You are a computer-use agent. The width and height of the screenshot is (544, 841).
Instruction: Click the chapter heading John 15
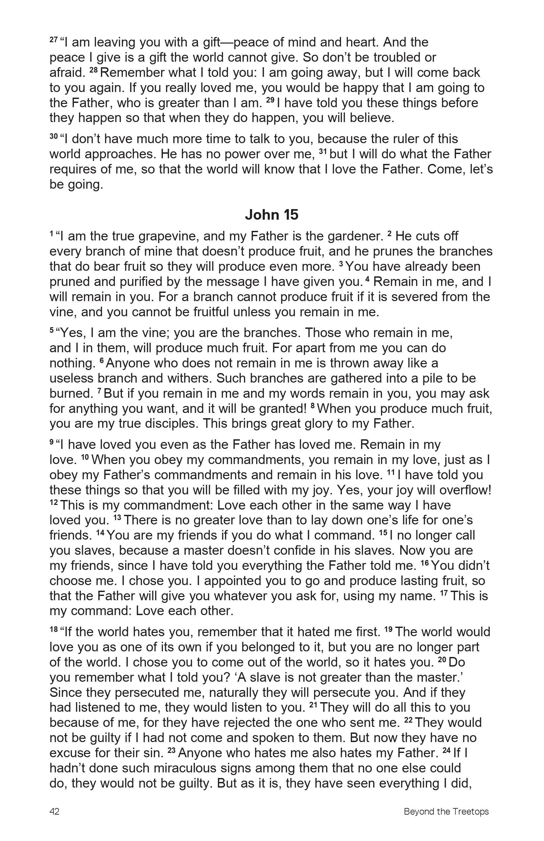pos(272,214)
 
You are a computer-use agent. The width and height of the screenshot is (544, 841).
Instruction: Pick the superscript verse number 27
pos(54,40)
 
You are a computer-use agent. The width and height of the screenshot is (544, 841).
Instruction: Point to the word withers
pos(188,379)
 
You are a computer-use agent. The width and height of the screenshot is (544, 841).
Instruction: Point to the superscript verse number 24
pos(446,751)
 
